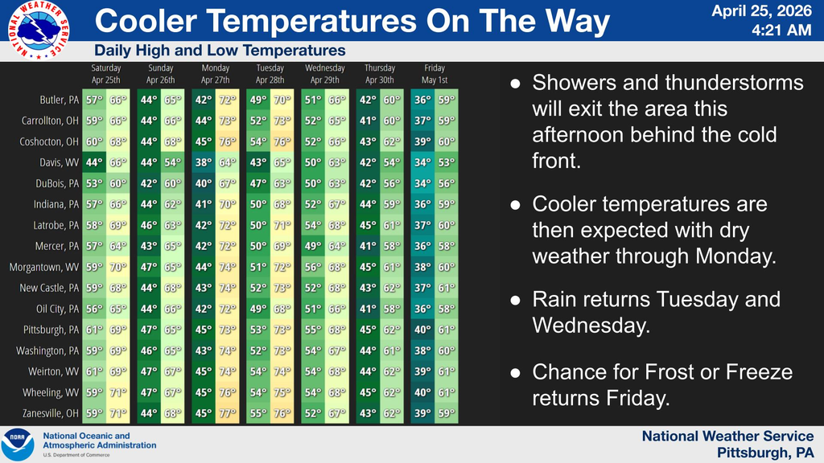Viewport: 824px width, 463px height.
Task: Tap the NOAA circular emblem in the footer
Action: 18,445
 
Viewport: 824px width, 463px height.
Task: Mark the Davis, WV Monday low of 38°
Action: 204,162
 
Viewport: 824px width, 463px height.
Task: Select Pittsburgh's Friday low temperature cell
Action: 422,330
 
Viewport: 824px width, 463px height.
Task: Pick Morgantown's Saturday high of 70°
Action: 119,267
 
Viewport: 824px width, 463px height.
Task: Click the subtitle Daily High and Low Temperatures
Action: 220,51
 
